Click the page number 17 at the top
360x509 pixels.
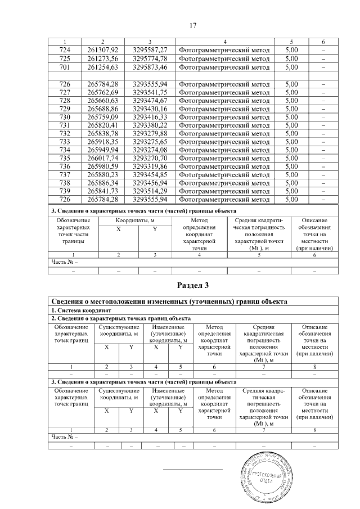[x=192, y=26]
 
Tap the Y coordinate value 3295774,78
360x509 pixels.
[x=150, y=58]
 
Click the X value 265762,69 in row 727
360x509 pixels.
[x=103, y=92]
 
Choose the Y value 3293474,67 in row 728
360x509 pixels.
[x=150, y=100]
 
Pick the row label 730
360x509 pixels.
[x=64, y=116]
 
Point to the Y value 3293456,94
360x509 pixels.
[x=150, y=183]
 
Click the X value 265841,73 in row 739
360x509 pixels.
[x=103, y=191]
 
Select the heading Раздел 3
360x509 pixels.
[x=192, y=285]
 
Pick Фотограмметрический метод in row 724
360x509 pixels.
[x=224, y=51]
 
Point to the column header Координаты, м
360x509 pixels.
[x=135, y=221]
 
